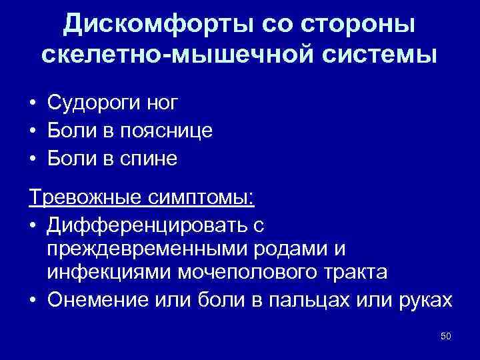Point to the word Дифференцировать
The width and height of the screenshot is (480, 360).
click(x=138, y=226)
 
